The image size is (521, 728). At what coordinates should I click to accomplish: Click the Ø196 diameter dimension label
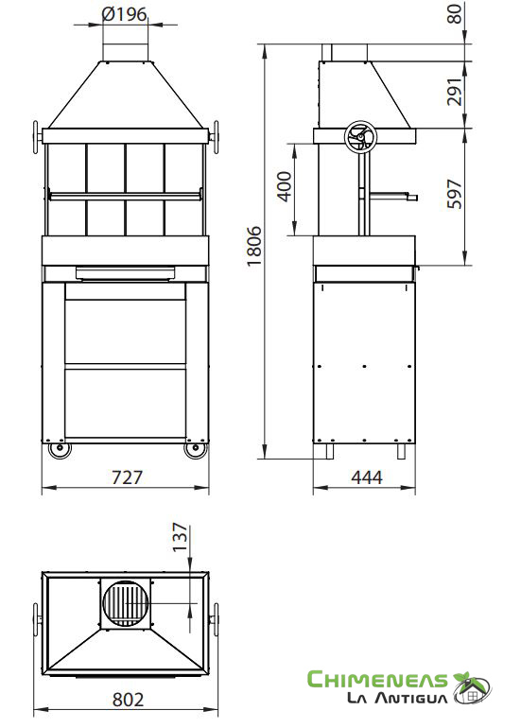(124, 14)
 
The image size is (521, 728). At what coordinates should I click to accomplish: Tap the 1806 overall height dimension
(254, 246)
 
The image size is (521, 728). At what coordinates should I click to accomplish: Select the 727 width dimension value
(127, 477)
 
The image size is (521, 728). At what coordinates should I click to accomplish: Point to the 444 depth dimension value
(367, 477)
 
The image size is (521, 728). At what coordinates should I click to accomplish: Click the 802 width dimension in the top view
(129, 700)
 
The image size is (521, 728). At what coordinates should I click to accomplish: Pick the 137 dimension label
(181, 537)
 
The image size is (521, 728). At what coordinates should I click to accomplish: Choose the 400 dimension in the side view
(285, 186)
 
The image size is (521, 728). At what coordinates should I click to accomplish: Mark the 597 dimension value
(455, 194)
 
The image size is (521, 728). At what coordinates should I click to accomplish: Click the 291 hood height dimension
(455, 92)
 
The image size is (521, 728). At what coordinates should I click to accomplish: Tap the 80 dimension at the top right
(455, 14)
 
